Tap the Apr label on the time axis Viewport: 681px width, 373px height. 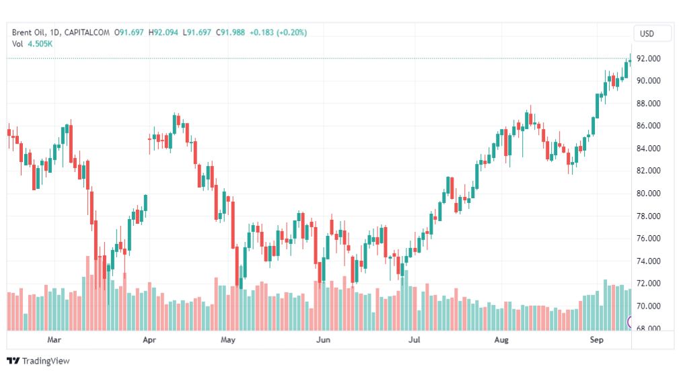[149, 340]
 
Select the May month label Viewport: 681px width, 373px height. [228, 340]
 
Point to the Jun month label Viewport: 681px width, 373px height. [323, 340]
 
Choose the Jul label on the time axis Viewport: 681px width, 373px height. [415, 340]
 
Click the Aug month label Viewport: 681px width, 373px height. [501, 340]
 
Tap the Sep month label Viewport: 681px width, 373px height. [595, 340]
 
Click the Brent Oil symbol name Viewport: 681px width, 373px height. [27, 32]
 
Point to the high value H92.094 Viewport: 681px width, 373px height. [164, 32]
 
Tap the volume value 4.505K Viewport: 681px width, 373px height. [40, 44]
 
